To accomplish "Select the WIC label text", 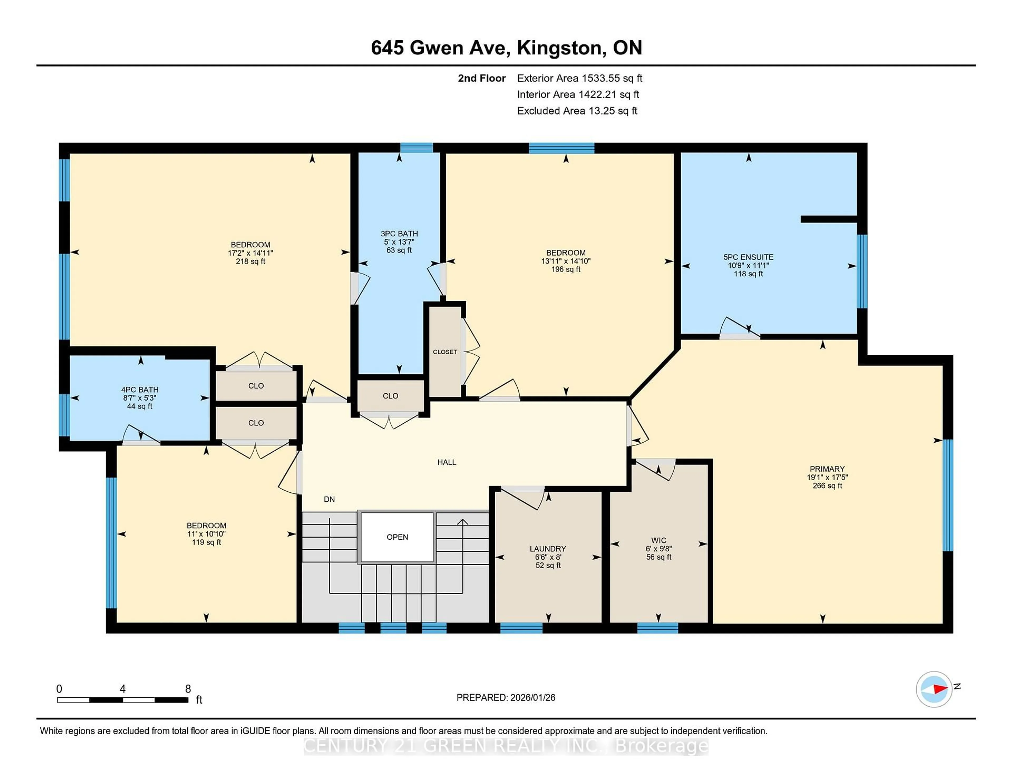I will point(658,540).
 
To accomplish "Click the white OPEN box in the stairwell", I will point(397,537).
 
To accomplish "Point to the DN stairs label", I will point(329,499).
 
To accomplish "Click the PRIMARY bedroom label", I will point(827,469).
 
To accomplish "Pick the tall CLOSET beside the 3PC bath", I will point(445,352).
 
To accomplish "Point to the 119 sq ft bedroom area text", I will point(206,542).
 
